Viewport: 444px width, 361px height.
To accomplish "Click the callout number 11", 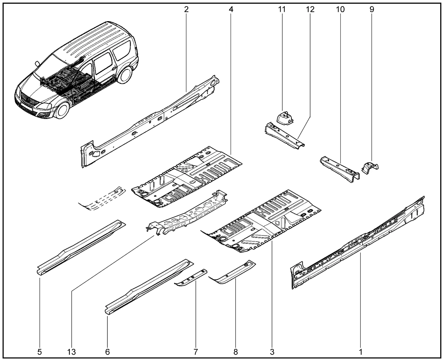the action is point(282,9).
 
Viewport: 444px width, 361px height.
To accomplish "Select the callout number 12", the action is point(310,9).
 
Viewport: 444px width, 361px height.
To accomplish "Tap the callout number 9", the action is point(372,9).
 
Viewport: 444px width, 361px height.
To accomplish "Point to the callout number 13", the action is point(71,352).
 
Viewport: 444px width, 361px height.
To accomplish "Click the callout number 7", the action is point(196,352).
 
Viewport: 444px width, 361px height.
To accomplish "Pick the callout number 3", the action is point(272,352).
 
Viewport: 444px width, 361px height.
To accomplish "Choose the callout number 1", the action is point(361,352).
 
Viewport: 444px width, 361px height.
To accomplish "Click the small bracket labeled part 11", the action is point(285,118).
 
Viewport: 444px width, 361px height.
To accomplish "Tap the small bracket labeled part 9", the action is point(370,167).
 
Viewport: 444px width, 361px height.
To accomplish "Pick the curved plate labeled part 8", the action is point(231,272).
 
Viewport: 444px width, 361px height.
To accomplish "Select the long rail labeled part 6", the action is point(149,287).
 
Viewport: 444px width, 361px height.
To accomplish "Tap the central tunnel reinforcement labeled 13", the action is point(187,214).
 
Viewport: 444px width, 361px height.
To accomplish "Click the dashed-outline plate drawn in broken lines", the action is point(102,199).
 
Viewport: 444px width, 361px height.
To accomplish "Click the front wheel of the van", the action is point(62,110).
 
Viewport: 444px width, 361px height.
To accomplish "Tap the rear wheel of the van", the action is point(126,75).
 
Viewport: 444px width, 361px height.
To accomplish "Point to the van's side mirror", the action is point(37,63).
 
